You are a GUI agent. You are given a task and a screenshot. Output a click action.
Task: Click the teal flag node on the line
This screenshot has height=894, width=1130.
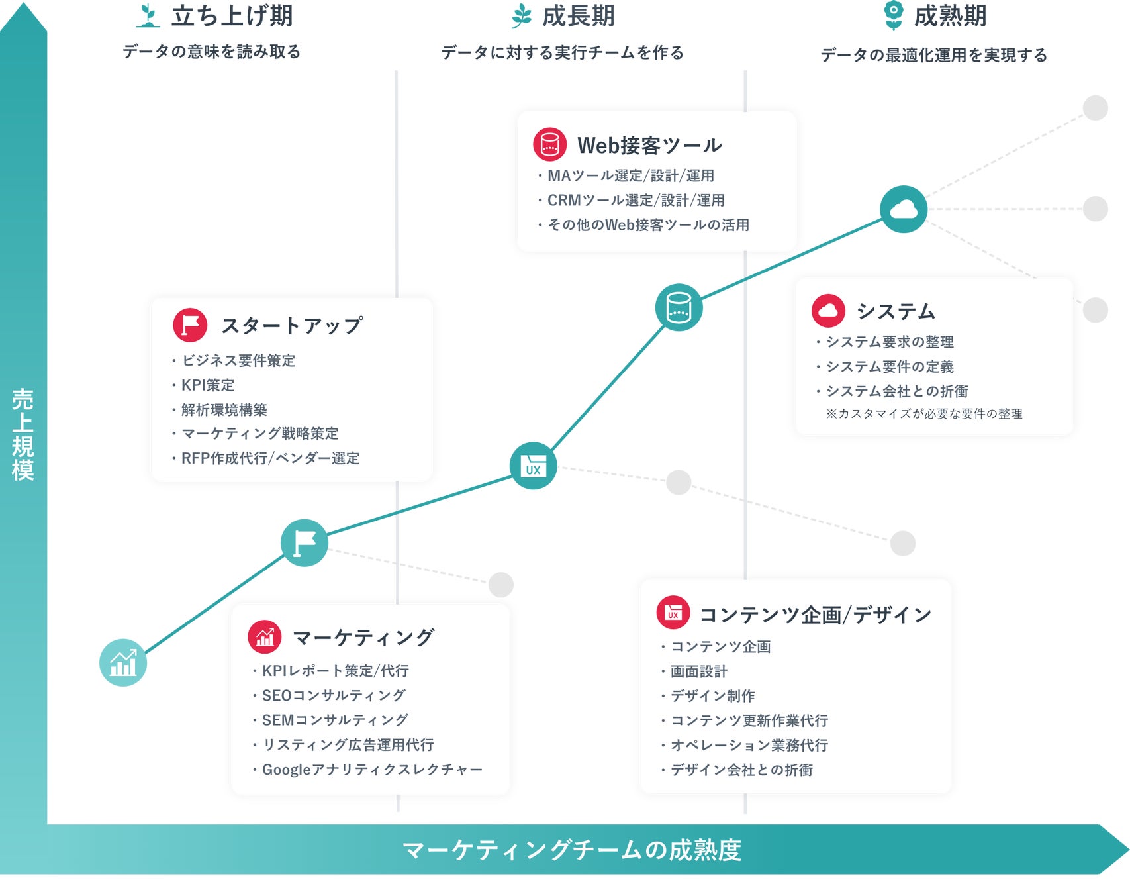305,542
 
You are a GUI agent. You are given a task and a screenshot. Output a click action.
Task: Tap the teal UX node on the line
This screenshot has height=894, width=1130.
533,466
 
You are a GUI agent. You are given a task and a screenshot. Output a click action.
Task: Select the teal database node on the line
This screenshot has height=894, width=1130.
679,307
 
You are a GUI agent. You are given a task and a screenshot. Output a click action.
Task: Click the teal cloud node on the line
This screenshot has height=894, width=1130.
904,209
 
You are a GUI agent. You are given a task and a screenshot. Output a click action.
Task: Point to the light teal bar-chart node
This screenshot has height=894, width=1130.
123,662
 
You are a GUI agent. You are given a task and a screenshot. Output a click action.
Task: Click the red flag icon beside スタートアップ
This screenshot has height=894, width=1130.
190,325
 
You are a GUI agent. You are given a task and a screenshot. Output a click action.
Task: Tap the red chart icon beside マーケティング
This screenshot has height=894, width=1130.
265,637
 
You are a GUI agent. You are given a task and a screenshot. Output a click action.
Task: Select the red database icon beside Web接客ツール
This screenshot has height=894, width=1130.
549,144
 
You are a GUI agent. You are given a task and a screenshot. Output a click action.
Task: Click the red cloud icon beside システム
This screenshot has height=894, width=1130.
828,311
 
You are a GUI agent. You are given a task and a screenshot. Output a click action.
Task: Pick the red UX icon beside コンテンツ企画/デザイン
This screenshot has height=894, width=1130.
673,613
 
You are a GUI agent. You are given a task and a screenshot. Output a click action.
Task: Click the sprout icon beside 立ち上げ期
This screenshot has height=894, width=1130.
148,16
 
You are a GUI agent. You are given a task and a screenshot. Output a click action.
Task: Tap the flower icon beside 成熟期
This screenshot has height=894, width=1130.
894,15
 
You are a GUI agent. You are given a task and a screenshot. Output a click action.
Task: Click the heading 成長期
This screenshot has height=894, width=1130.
578,16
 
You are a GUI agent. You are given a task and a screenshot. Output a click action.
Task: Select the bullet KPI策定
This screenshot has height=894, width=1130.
208,385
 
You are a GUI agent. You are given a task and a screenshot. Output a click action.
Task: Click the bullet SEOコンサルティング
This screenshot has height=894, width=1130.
334,695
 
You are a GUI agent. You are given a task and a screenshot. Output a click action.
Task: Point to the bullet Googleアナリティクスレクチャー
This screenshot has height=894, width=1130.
372,770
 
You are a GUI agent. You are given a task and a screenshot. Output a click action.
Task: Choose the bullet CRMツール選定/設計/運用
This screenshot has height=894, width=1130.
636,200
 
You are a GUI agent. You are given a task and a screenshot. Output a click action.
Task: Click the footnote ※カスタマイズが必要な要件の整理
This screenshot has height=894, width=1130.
924,414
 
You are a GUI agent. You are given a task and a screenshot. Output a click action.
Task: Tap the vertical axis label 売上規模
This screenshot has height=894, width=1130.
23,434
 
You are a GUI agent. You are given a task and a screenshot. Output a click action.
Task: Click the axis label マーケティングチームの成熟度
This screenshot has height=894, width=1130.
572,850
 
